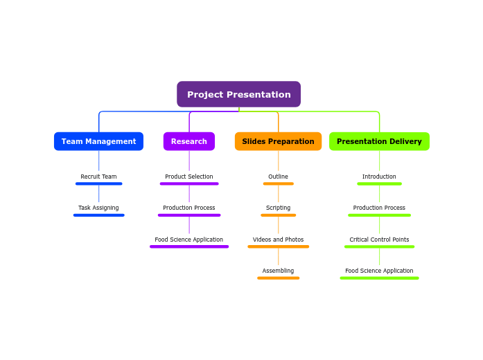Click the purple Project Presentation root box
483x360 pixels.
coord(238,94)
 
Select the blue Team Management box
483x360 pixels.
coord(98,141)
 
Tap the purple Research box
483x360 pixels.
coord(188,141)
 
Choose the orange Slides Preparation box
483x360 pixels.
coord(278,141)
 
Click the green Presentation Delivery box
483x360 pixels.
coord(379,141)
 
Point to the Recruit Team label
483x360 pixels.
coord(98,177)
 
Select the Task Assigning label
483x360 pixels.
coord(98,208)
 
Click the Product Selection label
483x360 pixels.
coord(188,177)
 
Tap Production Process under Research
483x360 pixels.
coord(188,208)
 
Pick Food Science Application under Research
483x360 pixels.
coord(188,240)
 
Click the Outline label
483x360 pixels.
coord(278,177)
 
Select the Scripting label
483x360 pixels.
coord(278,208)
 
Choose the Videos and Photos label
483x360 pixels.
coord(278,240)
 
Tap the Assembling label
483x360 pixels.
coord(278,271)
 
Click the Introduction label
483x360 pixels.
coord(379,177)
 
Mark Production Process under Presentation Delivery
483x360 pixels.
coord(379,208)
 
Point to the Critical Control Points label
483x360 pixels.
coord(379,240)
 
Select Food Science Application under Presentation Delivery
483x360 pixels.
coord(379,271)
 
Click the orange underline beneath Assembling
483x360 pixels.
coord(278,278)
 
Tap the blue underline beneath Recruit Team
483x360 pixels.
coord(98,183)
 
